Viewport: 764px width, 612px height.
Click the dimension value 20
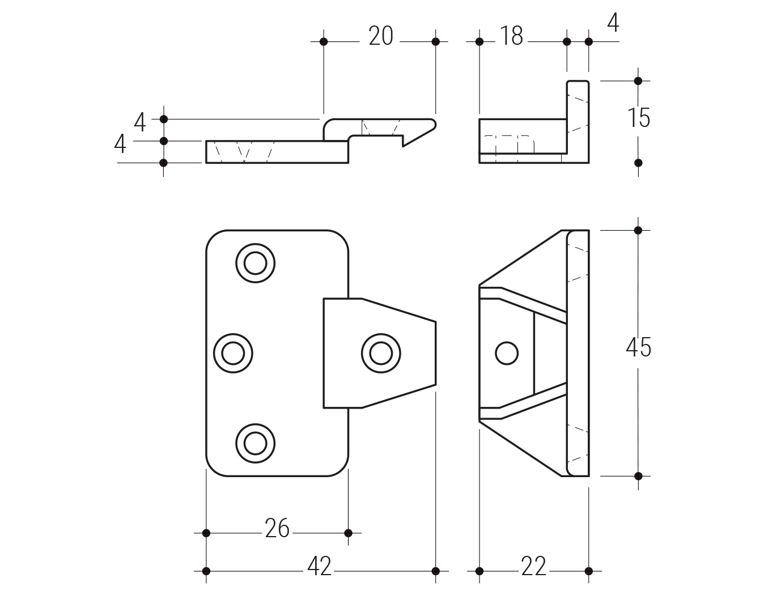coord(380,36)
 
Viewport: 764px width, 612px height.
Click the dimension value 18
coord(512,36)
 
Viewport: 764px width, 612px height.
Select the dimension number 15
coord(639,118)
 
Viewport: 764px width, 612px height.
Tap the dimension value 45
coord(639,347)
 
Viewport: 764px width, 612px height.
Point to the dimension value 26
coord(277,529)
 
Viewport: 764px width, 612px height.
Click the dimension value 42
coord(319,567)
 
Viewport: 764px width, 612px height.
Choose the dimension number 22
coord(533,567)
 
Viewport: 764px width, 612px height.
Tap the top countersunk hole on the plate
coord(255,263)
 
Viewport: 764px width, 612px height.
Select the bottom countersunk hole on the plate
coord(255,443)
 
